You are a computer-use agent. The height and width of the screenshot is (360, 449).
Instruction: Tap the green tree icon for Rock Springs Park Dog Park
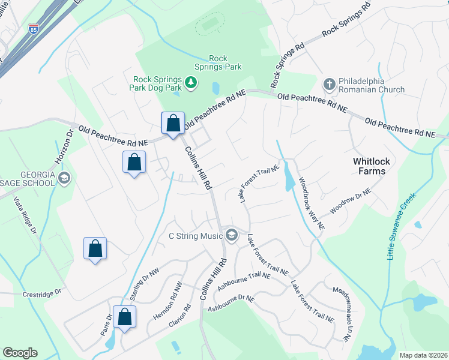pyautogui.click(x=191, y=82)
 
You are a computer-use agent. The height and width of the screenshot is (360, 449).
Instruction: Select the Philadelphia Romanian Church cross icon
pyautogui.click(x=329, y=84)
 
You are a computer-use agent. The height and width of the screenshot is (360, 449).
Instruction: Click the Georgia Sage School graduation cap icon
pyautogui.click(x=64, y=177)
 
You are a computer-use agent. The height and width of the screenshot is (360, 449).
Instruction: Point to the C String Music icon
pyautogui.click(x=230, y=234)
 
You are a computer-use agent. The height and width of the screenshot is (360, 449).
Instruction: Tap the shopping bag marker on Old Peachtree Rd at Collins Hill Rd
pyautogui.click(x=173, y=124)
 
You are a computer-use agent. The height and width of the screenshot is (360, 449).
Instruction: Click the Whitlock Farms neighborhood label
pyautogui.click(x=361, y=166)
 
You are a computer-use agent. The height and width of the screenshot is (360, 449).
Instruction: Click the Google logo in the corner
pyautogui.click(x=20, y=353)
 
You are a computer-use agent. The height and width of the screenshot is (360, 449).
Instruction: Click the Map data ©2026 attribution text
pyautogui.click(x=423, y=355)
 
